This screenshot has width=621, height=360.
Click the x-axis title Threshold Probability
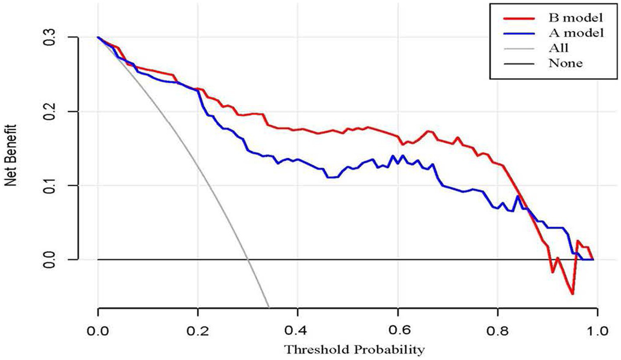point(354,350)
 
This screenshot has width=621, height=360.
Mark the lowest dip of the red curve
point(572,294)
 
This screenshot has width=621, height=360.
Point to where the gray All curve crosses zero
point(248,259)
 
